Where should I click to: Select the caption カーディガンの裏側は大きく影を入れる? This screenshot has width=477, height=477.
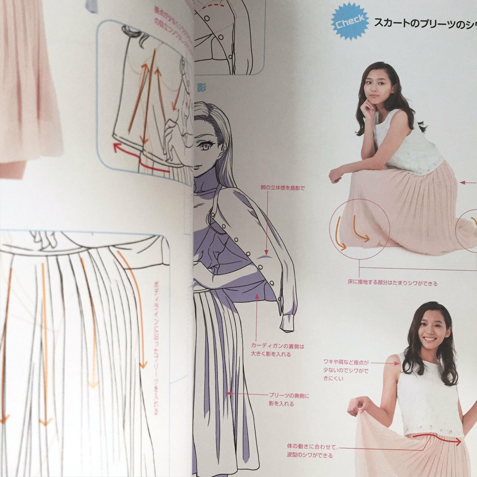tap(277, 350)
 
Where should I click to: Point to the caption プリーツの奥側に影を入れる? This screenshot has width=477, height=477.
tap(288, 400)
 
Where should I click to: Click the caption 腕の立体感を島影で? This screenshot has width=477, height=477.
tap(282, 188)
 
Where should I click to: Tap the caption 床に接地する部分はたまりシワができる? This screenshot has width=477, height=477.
tap(393, 283)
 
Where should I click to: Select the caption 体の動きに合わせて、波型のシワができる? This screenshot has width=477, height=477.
tap(312, 451)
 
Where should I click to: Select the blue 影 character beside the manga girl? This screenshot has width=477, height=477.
tap(201, 88)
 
